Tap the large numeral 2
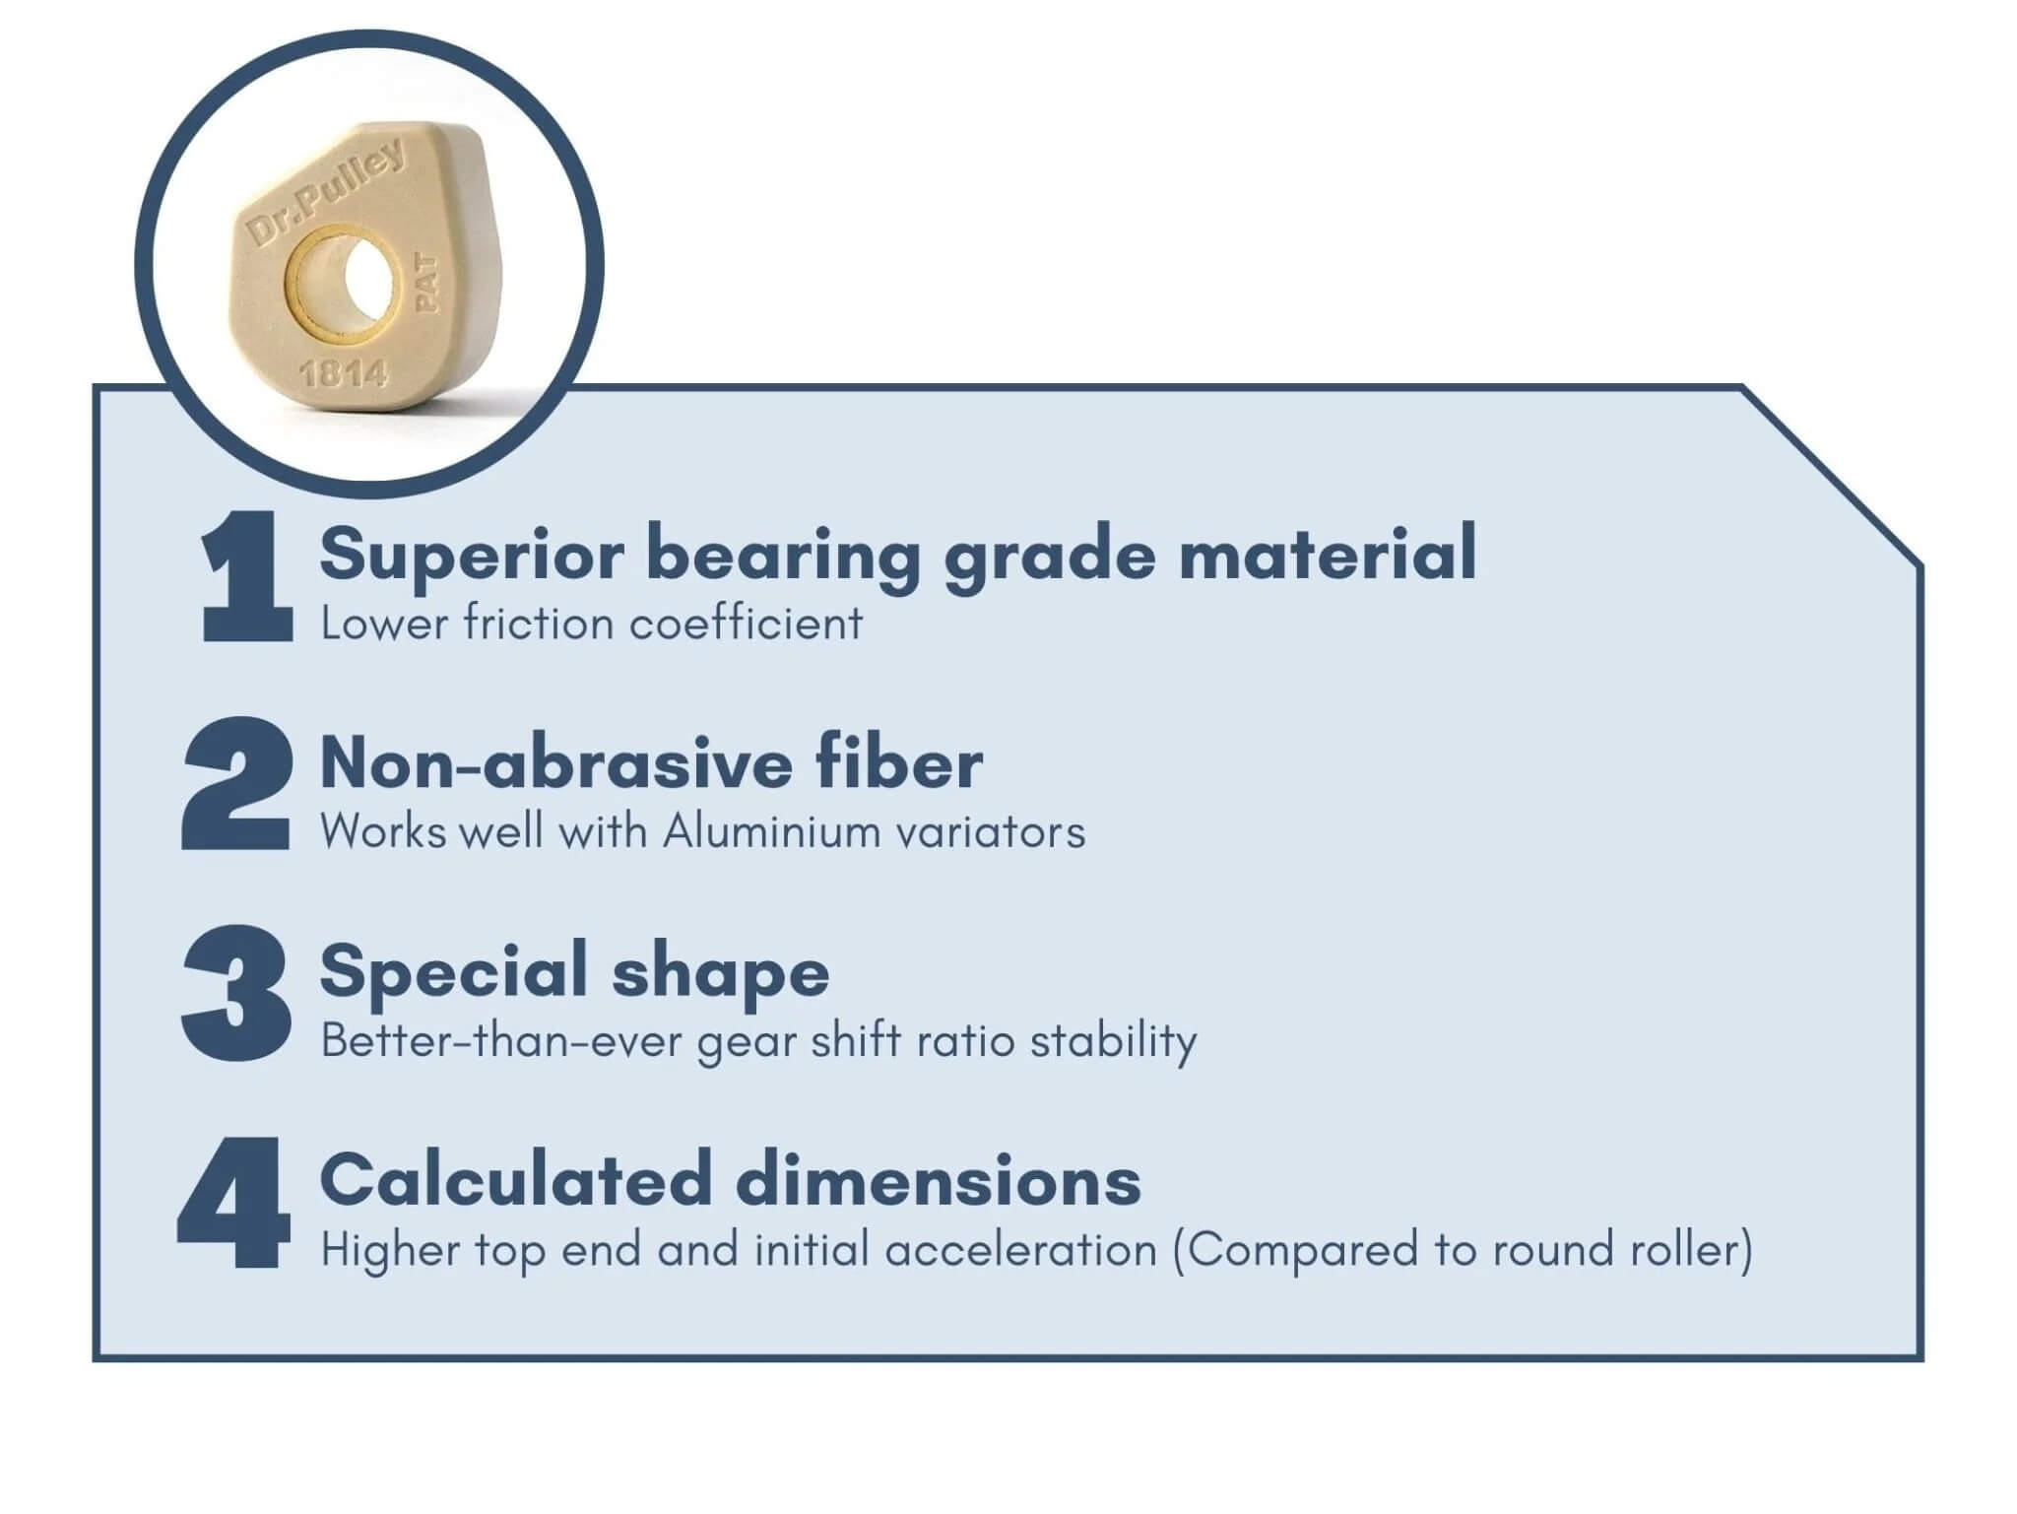coord(237,783)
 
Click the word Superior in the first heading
coord(472,556)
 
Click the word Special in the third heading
coord(453,973)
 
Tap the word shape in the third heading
coord(721,973)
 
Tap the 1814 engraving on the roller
coord(343,373)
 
